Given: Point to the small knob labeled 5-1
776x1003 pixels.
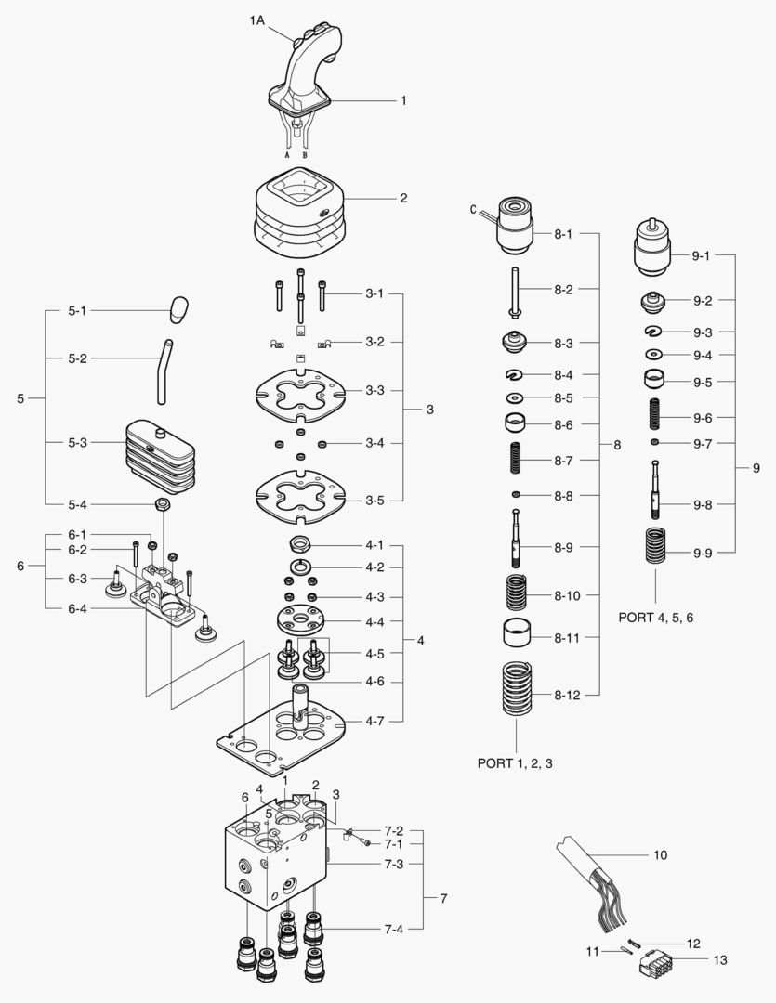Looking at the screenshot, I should pos(179,308).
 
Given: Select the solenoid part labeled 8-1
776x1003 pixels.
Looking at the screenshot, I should pos(514,228).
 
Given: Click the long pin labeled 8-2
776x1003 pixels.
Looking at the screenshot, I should pos(514,291).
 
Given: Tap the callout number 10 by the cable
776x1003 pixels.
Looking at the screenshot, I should pos(661,854).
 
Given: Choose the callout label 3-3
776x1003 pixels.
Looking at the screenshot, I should pos(375,390).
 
